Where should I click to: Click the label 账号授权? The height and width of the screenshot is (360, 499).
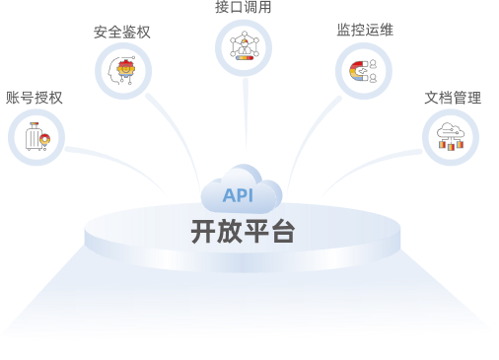pyautogui.click(x=35, y=98)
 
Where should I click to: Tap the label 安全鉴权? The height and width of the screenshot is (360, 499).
pyautogui.click(x=122, y=33)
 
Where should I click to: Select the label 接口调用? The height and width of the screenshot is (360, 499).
pyautogui.click(x=244, y=7)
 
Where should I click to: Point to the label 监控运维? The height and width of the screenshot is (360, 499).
pyautogui.click(x=365, y=30)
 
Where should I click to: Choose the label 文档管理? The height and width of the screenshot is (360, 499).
pyautogui.click(x=453, y=98)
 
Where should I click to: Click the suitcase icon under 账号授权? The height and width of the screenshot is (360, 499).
pyautogui.click(x=37, y=137)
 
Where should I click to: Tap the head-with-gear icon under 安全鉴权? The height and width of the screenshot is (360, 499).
pyautogui.click(x=122, y=71)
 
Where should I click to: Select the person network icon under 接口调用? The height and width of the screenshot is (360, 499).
pyautogui.click(x=245, y=45)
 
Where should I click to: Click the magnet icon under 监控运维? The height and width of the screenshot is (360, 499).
pyautogui.click(x=363, y=71)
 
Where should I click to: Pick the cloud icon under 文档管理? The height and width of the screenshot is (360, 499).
pyautogui.click(x=451, y=136)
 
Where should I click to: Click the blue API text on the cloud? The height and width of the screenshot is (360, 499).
pyautogui.click(x=238, y=195)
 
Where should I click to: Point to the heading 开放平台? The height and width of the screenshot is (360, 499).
pyautogui.click(x=243, y=232)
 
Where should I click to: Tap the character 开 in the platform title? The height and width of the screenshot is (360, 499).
pyautogui.click(x=203, y=232)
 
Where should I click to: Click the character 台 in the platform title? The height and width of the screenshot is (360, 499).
pyautogui.click(x=282, y=232)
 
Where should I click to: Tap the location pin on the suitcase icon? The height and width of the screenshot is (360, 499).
pyautogui.click(x=45, y=140)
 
